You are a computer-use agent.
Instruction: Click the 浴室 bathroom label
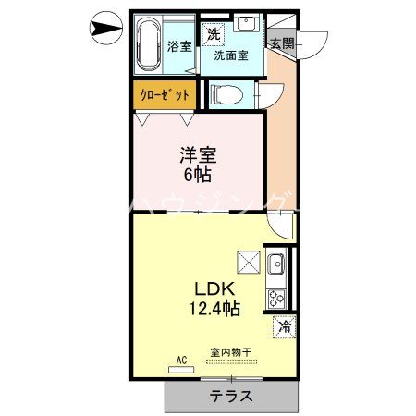(179, 45)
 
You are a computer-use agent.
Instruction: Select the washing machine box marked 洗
(214, 33)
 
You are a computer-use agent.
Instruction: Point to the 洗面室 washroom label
(230, 55)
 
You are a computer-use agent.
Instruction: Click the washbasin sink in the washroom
(246, 25)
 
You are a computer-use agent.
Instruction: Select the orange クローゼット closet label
(165, 94)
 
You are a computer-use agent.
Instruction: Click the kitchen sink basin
(275, 266)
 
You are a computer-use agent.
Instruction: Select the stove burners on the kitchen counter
(275, 298)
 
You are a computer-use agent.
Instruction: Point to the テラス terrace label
(232, 396)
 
